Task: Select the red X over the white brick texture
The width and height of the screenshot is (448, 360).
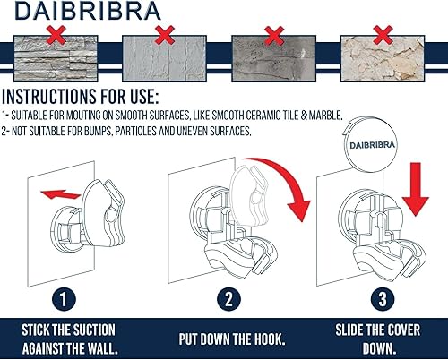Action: point(164,34)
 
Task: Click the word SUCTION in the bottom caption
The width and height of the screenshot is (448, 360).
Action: point(101,330)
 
